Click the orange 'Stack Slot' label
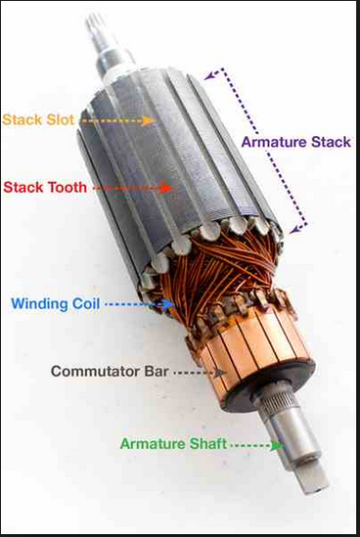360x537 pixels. [x=38, y=120]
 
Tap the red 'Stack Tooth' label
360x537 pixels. [x=45, y=188]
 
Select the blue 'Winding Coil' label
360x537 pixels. [x=56, y=304]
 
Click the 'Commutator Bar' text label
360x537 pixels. [x=110, y=372]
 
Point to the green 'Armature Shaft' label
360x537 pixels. [x=173, y=444]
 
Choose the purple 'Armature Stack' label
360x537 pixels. [x=296, y=142]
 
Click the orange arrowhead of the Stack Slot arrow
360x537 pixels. [x=150, y=121]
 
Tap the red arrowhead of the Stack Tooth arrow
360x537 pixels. [x=166, y=188]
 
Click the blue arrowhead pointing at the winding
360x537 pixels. [x=167, y=304]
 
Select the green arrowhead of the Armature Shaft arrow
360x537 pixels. [x=277, y=446]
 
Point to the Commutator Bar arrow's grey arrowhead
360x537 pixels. [x=219, y=373]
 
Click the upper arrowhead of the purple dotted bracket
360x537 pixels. [x=210, y=75]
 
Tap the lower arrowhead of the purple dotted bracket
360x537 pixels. [x=294, y=229]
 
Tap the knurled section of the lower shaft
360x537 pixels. [x=278, y=401]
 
